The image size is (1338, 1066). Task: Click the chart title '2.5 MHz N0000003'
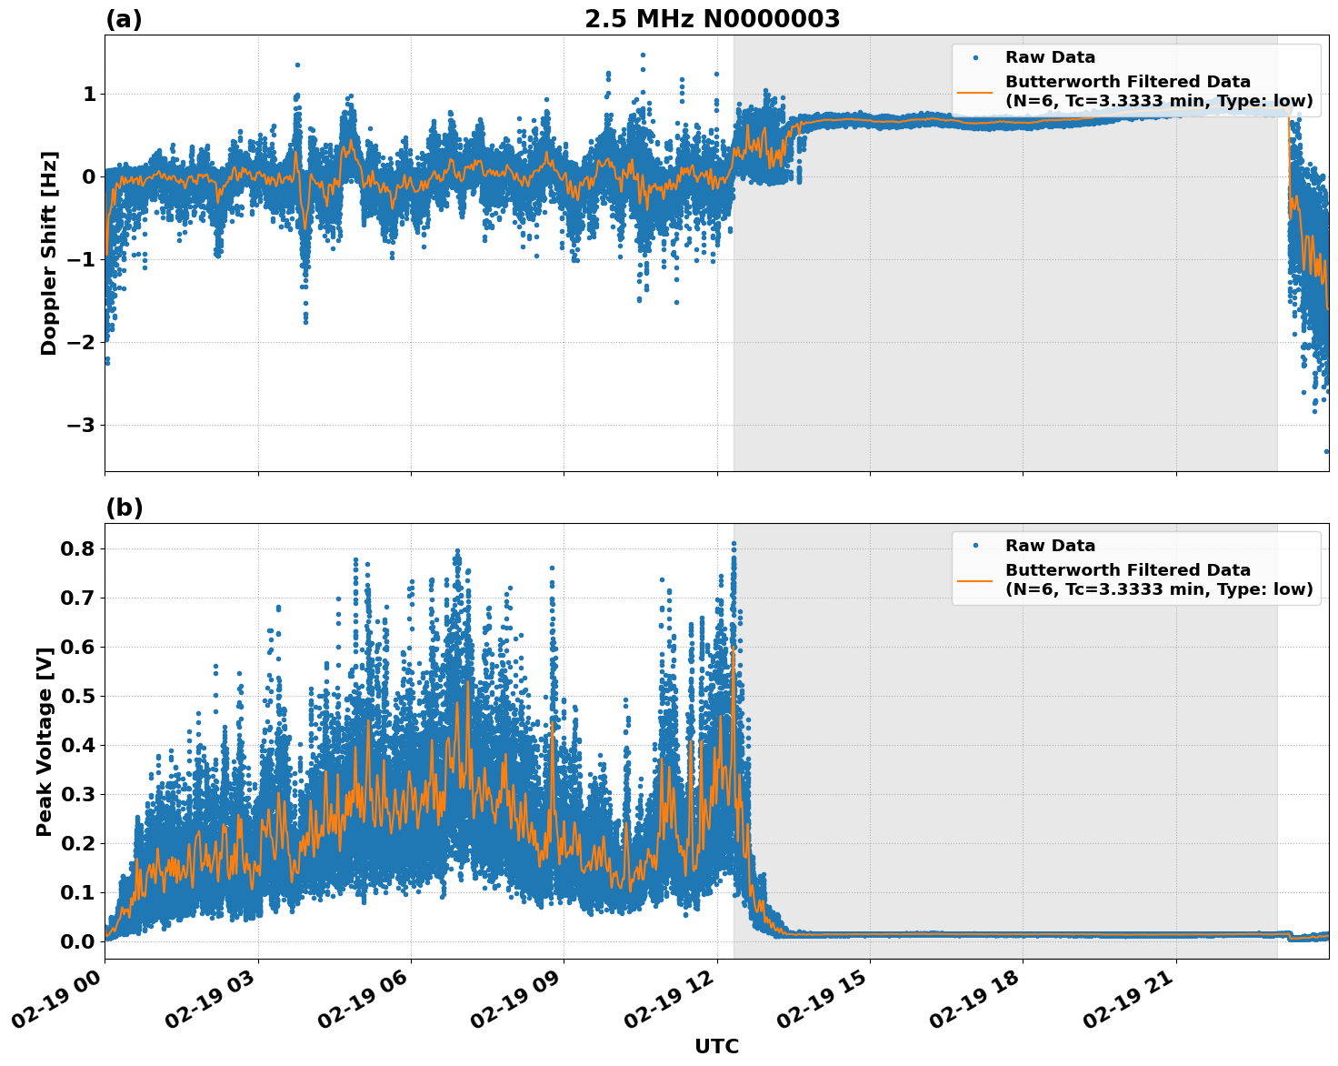(x=712, y=19)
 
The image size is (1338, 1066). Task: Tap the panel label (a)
(x=124, y=19)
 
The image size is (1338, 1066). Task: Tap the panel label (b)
(x=124, y=508)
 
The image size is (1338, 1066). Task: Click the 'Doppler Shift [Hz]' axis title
(x=49, y=253)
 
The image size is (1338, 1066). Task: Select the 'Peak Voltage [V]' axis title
(x=44, y=741)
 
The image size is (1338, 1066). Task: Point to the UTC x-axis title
(x=716, y=1046)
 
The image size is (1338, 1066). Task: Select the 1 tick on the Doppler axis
(x=89, y=95)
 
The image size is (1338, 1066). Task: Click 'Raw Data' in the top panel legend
(x=1050, y=57)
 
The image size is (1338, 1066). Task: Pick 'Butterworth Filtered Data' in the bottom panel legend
(x=1127, y=570)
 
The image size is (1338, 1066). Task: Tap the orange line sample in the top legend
(x=974, y=91)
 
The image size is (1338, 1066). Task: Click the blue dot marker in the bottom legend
(x=974, y=546)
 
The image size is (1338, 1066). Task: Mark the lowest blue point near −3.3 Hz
(x=1326, y=451)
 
